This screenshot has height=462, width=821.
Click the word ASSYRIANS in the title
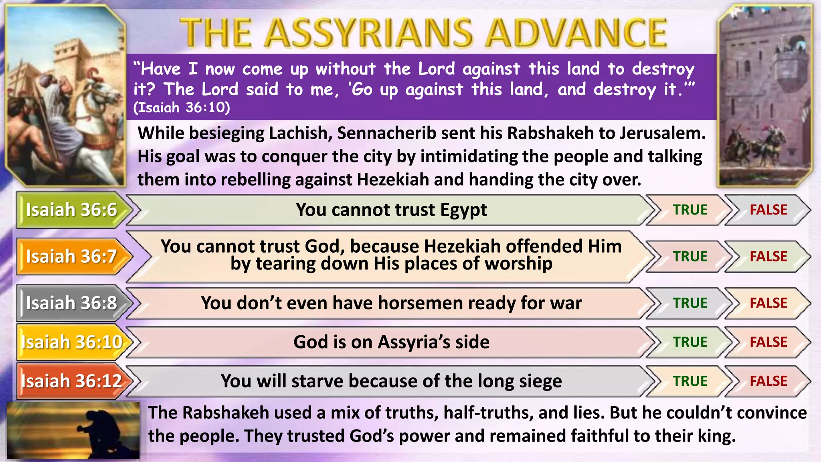369,33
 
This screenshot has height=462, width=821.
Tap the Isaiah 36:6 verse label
71,210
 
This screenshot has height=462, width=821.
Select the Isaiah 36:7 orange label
71,256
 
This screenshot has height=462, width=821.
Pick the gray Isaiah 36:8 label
71,303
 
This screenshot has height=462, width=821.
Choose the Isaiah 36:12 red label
71,381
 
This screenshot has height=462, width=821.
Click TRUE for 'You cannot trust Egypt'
690,210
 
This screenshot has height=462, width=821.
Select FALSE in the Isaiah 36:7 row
768,256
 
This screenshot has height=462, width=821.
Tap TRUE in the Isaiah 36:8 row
690,303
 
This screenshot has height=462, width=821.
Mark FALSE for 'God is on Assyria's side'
768,342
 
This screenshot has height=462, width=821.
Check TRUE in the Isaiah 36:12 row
690,381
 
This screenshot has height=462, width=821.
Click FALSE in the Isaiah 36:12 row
768,381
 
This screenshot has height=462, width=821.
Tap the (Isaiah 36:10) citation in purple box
182,107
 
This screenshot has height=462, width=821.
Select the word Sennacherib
386,133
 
